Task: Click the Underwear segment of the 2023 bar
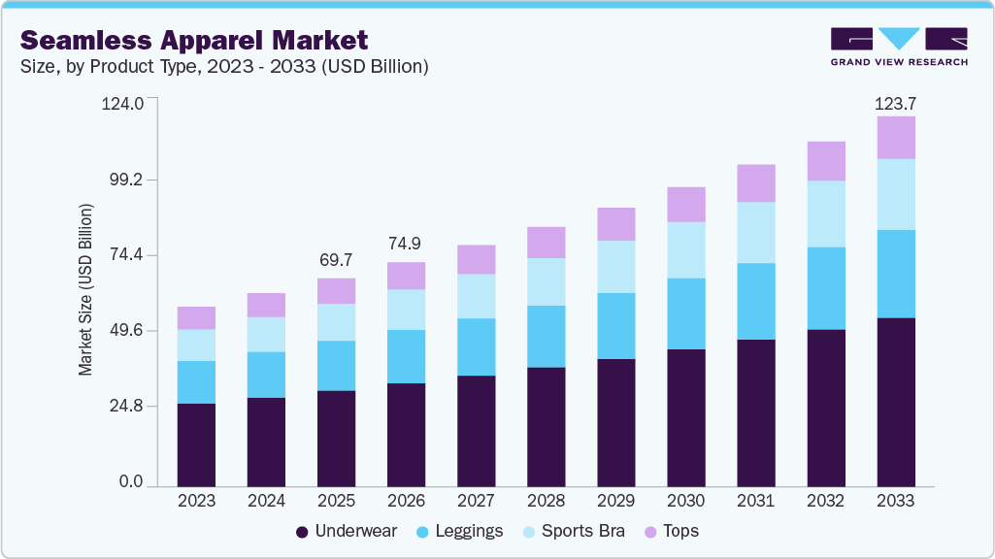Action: (x=196, y=444)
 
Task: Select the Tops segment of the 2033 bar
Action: (x=896, y=138)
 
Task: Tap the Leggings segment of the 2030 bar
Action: (x=686, y=313)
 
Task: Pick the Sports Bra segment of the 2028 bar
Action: (x=547, y=281)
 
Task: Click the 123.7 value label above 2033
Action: (x=896, y=103)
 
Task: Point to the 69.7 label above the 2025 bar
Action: (x=336, y=261)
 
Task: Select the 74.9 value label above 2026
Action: (x=406, y=245)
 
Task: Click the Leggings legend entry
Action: (x=460, y=531)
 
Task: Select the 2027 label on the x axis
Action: (x=476, y=502)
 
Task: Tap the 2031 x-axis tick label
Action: (x=756, y=502)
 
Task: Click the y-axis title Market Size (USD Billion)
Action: (x=86, y=290)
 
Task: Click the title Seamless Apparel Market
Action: (x=194, y=40)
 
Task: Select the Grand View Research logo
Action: (x=899, y=46)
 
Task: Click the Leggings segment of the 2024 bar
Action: (x=266, y=375)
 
